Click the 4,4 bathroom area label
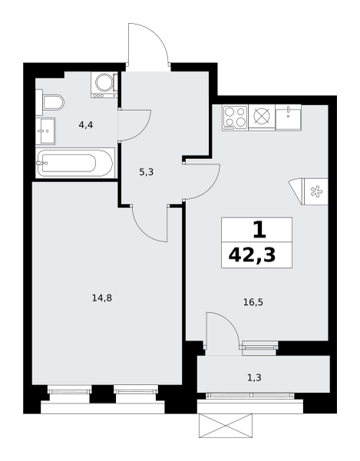[86, 125]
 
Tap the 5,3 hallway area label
[147, 172]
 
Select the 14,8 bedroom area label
[102, 298]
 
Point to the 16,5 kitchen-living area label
[253, 302]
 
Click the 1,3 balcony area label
[254, 377]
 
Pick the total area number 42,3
[252, 255]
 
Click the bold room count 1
[259, 230]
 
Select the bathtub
[75, 163]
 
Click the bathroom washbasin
[45, 131]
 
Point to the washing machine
[104, 85]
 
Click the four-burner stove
[235, 118]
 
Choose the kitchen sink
[289, 118]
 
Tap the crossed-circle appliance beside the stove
[262, 117]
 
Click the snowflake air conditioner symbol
[316, 191]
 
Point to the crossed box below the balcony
[225, 426]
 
